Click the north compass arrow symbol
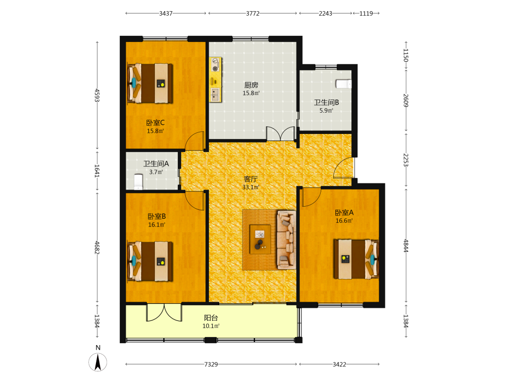click(98, 362)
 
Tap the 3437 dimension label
click(166, 14)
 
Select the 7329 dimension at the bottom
click(211, 364)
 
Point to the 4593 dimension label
click(97, 96)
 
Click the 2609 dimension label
click(406, 101)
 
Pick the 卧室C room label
click(155, 123)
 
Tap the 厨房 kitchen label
click(251, 85)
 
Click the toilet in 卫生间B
click(343, 84)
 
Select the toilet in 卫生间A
click(138, 182)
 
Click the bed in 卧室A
click(356, 259)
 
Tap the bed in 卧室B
click(150, 261)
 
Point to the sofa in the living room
click(286, 240)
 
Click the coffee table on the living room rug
click(260, 239)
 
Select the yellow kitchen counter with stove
click(216, 80)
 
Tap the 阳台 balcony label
click(211, 318)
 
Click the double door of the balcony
click(164, 312)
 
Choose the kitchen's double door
click(280, 133)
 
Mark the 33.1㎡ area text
click(251, 187)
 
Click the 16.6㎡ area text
click(344, 221)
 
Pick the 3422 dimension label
click(339, 364)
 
